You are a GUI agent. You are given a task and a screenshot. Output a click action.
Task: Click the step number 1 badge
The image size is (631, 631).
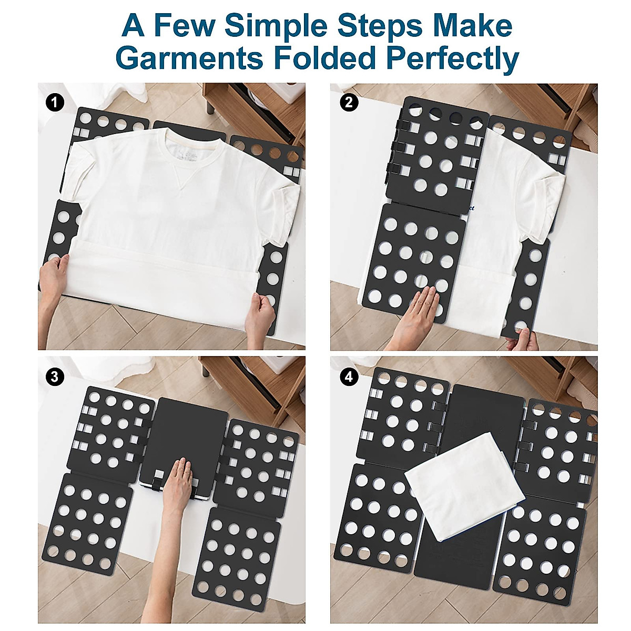tap(55, 103)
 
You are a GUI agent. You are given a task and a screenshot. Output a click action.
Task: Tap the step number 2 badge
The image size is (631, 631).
tap(349, 102)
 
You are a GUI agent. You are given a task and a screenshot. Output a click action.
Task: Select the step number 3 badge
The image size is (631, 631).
tap(55, 376)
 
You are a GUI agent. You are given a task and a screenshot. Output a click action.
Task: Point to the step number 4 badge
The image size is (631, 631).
tap(349, 376)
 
